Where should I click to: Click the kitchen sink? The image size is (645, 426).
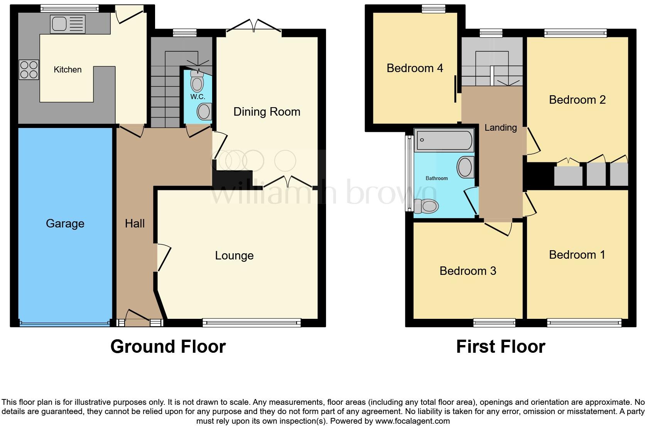click(68, 24)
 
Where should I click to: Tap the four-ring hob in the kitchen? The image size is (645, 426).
click(29, 70)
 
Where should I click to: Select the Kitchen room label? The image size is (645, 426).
click(68, 70)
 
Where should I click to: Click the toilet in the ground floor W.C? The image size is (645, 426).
click(198, 82)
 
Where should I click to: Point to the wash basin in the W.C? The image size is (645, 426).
click(204, 112)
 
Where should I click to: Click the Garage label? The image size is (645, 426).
click(65, 224)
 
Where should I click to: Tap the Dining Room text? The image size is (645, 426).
click(267, 112)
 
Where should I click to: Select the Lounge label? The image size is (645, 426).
click(234, 256)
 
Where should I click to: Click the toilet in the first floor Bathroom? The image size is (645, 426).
click(427, 206)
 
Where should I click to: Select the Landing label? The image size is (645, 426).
click(500, 128)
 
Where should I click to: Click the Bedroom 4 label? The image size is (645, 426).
click(415, 68)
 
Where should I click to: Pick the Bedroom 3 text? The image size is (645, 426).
click(468, 271)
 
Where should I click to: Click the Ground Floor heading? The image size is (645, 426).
click(168, 347)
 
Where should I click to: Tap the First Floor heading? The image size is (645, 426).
click(500, 347)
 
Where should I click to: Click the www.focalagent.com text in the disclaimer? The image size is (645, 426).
click(412, 421)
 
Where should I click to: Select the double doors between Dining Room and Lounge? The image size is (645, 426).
click(288, 182)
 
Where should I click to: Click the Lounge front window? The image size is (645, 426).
click(252, 323)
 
